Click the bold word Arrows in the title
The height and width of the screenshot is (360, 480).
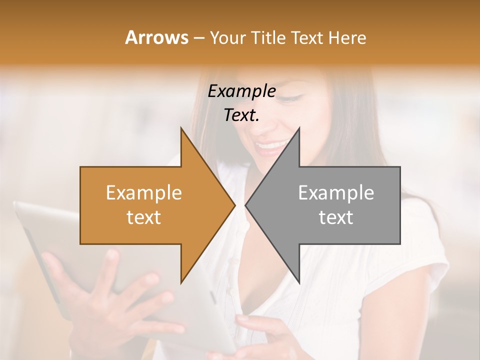156,37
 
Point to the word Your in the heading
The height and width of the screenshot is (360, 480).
228,38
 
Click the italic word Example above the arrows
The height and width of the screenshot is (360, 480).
241,91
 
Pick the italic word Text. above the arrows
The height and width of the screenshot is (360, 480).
241,115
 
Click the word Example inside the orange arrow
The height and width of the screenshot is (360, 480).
144,193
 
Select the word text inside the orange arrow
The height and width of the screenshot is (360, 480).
144,217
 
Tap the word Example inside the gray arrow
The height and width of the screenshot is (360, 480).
336,193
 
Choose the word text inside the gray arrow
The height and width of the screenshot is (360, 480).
336,217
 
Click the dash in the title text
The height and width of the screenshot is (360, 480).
198,38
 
